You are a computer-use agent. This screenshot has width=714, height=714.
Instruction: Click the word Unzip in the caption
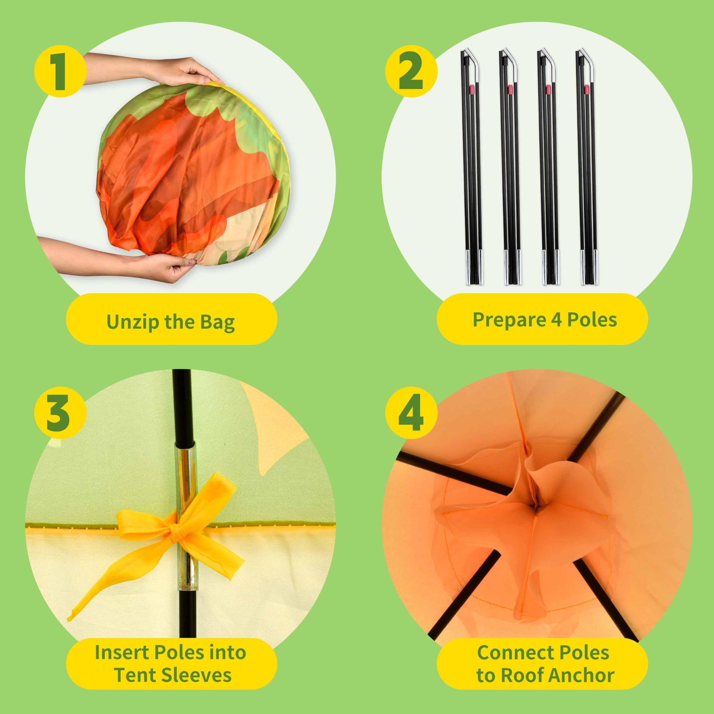134,322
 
